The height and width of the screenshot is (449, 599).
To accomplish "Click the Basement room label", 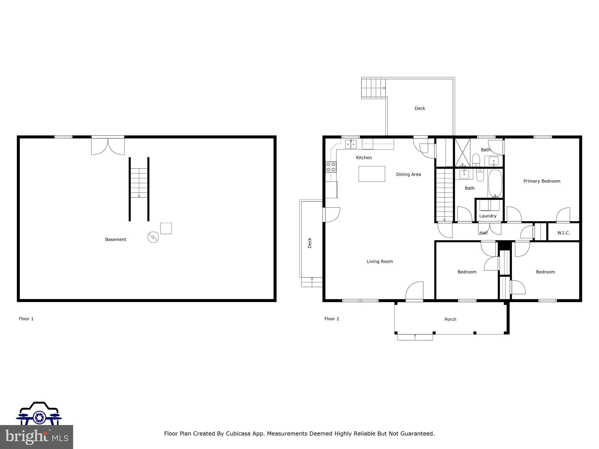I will click(116, 239).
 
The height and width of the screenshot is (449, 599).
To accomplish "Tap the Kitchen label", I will click(364, 158).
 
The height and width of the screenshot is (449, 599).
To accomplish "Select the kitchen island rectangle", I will click(372, 174).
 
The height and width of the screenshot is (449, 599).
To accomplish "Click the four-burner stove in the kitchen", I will click(331, 167).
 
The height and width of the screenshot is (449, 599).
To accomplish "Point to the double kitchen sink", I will click(351, 144).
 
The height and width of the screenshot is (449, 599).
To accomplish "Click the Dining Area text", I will click(408, 175).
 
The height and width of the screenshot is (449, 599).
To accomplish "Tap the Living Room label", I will click(380, 262).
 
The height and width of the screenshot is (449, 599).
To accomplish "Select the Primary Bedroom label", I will click(542, 181).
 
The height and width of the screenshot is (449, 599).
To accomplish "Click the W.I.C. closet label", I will click(563, 233).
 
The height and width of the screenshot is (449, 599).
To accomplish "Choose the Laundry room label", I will click(488, 216).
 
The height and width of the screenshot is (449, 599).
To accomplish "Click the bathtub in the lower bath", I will click(495, 183).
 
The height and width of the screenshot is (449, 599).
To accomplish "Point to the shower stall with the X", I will click(462, 152).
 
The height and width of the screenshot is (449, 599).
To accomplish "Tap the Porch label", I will click(450, 320).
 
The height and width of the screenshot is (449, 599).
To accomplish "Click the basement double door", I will click(108, 145).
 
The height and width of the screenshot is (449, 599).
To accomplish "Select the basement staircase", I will click(139, 183).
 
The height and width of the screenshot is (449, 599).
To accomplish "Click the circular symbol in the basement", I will click(153, 237).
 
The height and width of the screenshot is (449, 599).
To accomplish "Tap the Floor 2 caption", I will click(332, 319).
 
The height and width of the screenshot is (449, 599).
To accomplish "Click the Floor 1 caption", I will click(26, 319).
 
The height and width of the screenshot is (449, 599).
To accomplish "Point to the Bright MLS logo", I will click(37, 436).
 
